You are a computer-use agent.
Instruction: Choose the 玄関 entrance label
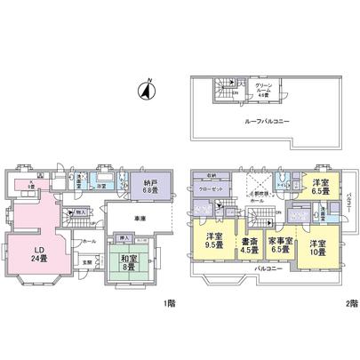[x=86, y=262]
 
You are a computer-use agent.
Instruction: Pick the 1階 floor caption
[x=169, y=303]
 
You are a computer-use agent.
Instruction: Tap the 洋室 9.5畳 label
[x=213, y=240]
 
